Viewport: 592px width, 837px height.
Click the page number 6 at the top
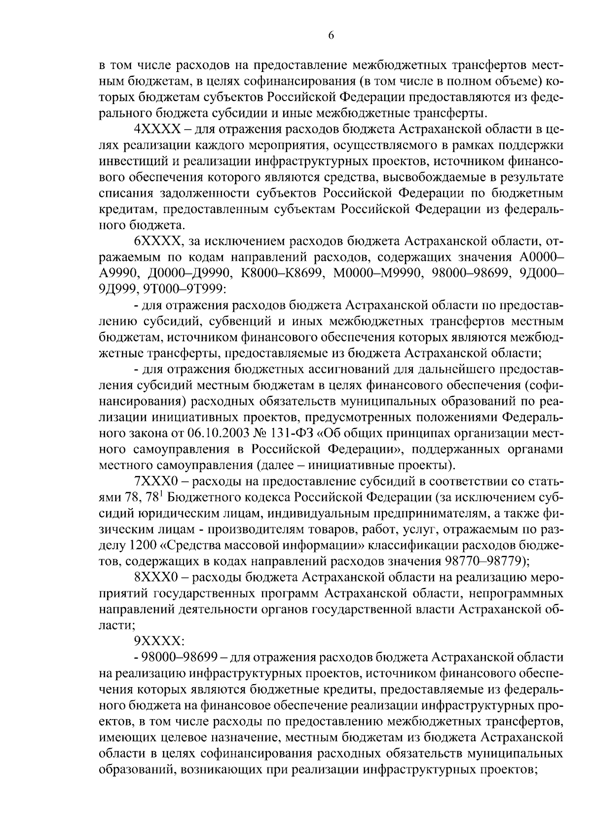[331, 35]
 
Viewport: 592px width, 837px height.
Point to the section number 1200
[144, 545]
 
